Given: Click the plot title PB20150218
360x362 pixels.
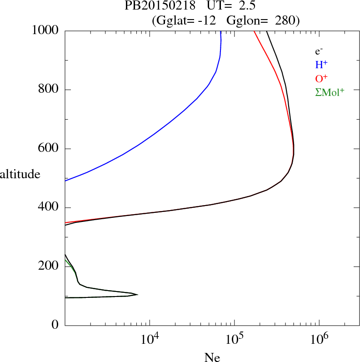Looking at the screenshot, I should pos(160,6).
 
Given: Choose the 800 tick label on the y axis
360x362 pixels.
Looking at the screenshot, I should pos(49,90).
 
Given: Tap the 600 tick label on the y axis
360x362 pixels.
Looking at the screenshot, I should pos(49,149).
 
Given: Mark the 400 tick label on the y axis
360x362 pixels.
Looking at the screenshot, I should pos(49,208).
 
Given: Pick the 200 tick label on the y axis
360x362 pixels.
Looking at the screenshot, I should pos(49,266).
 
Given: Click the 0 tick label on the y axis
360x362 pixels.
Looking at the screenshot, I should pos(56,325).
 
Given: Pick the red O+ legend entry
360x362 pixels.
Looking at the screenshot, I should pos(321,79).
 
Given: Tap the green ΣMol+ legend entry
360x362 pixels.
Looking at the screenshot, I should pos(330,92).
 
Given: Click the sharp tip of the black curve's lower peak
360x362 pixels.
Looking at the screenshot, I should pos(137,295).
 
